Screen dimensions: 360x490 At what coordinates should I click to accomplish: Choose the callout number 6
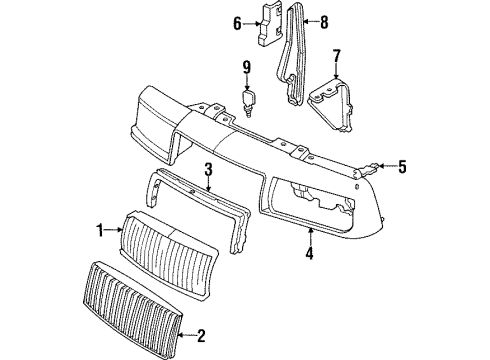tap(238, 24)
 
